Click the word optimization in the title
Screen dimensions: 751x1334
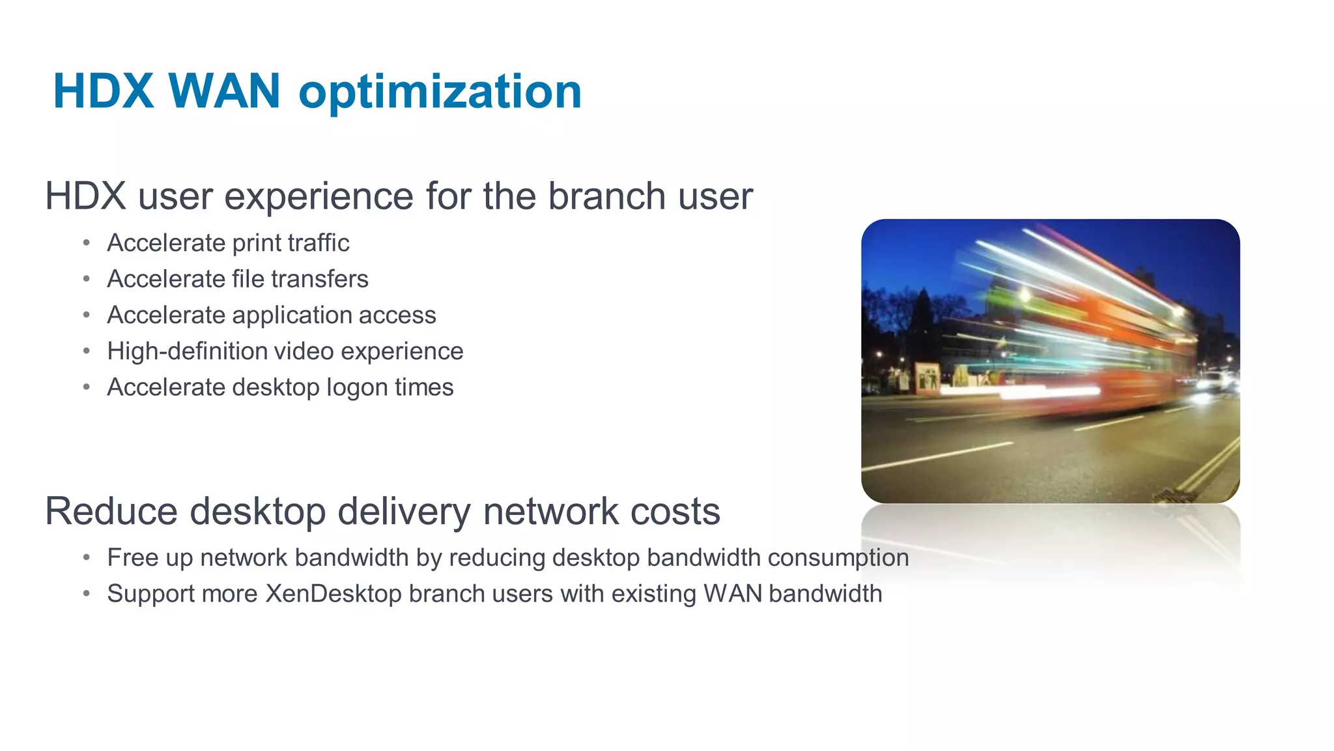[440, 91]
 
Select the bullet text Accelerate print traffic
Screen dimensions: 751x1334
[228, 243]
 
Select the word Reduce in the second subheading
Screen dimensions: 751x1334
[111, 511]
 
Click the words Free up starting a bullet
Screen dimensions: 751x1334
[143, 558]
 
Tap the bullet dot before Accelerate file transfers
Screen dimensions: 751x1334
[86, 279]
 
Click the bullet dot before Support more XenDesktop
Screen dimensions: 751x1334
[86, 594]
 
